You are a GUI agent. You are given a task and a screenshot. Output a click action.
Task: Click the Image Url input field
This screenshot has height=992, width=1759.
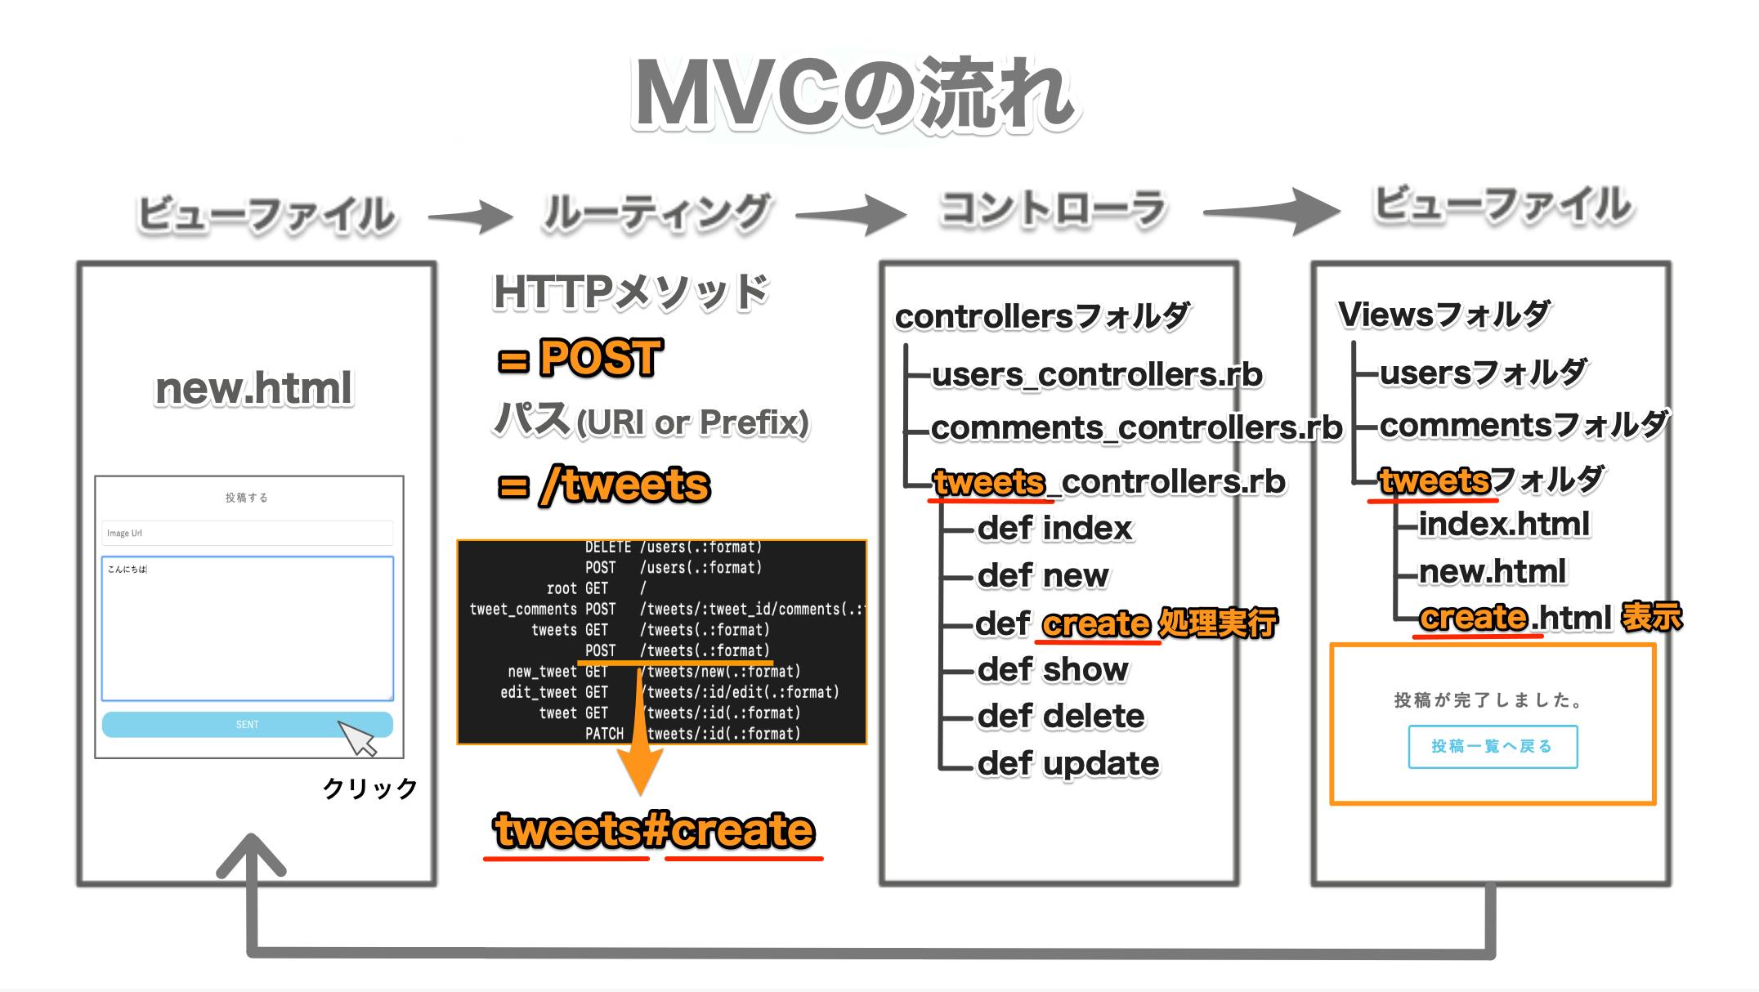[247, 533]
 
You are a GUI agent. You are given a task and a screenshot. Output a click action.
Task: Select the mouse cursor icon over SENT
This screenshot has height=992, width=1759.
[357, 738]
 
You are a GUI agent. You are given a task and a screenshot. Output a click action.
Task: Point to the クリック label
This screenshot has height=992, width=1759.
[370, 789]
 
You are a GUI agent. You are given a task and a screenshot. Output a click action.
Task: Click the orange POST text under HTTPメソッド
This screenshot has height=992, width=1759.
[600, 358]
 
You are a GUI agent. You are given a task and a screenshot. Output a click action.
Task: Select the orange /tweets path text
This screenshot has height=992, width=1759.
[624, 485]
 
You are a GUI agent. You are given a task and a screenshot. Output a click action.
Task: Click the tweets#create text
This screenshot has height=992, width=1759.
[654, 830]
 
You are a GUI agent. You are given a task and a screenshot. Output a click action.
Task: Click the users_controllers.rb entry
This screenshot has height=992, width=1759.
[1096, 374]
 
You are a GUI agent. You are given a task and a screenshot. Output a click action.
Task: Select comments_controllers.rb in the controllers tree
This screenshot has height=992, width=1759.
[1135, 427]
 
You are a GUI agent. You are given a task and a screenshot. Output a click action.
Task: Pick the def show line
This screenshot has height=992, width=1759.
[1052, 669]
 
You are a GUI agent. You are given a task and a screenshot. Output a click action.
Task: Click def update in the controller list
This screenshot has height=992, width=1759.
[1067, 763]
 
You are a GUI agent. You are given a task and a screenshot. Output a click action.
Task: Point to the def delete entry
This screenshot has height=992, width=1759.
[1061, 716]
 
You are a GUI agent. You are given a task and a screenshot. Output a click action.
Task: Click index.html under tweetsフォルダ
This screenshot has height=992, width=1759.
[1503, 524]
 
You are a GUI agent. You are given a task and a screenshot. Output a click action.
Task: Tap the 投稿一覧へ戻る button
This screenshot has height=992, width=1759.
[1492, 746]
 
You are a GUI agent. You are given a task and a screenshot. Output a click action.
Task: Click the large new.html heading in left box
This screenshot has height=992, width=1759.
[253, 388]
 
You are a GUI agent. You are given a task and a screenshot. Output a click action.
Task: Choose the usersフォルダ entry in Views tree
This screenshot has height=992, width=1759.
[1482, 373]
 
